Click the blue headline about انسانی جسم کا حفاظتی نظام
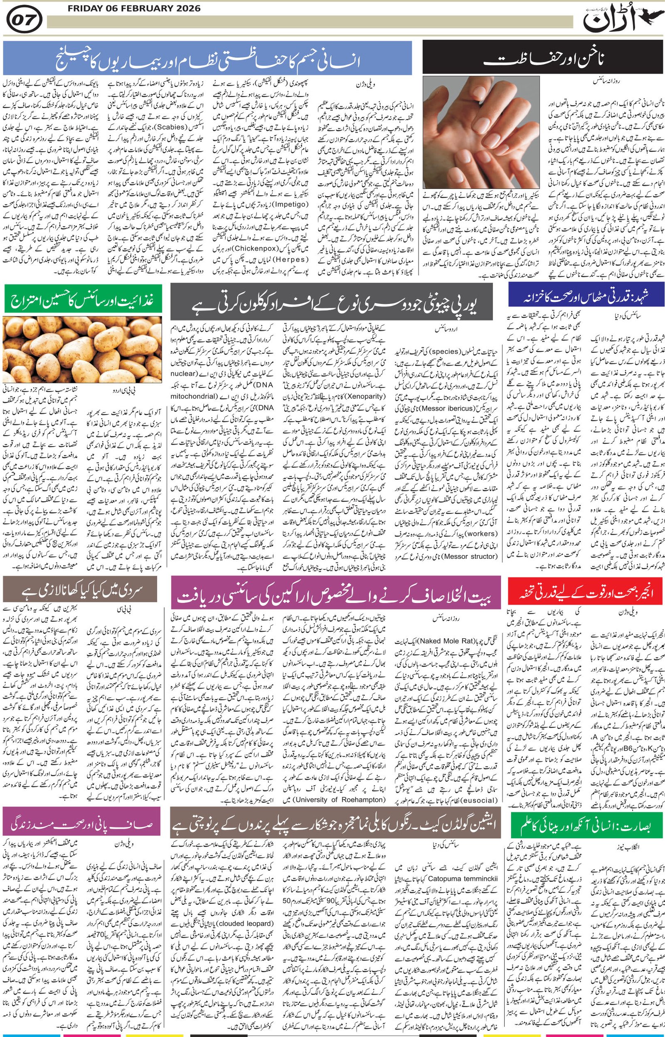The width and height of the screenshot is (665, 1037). pos(207,57)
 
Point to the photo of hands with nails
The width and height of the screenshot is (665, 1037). pos(481,131)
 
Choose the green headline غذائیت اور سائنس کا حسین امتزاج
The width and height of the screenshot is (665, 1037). pos(82,299)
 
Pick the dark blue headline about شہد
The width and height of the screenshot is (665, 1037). pos(586,298)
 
